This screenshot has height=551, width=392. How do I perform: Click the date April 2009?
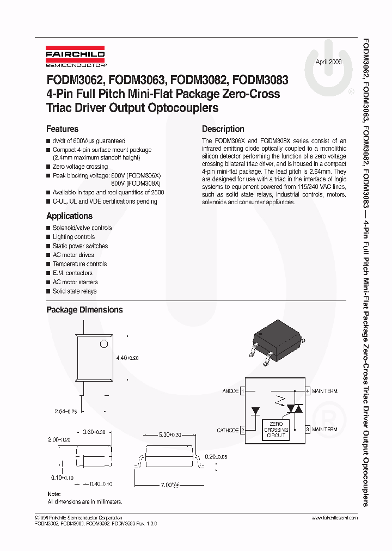329,62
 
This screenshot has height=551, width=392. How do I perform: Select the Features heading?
62,129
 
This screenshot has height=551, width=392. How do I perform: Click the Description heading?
223,129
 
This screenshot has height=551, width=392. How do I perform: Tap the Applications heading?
69,216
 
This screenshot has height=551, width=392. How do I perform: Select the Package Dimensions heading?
84,310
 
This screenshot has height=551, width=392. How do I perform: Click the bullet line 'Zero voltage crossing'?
80,167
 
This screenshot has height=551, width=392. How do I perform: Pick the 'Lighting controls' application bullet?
73,237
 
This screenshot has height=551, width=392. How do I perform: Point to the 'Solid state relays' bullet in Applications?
75,291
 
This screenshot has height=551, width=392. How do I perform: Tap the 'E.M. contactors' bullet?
72,273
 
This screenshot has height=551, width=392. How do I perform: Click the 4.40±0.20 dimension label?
128,358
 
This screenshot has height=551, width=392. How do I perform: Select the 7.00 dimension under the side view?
170,484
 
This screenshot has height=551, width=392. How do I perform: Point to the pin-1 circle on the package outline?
103,344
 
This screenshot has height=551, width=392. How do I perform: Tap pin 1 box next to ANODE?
243,391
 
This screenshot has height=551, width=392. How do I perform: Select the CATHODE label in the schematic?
228,430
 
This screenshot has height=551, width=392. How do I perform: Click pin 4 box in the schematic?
308,391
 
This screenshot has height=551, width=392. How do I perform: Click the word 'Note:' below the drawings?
54,494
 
